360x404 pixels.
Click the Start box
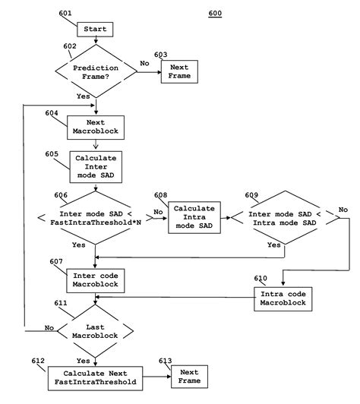[96, 30]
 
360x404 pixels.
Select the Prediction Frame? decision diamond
[95, 72]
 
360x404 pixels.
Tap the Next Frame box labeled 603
[178, 72]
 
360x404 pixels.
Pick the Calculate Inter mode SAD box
[95, 167]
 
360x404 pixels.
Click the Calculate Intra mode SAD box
[194, 217]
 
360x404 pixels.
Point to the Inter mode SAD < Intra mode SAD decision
[286, 218]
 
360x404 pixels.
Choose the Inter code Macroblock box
[95, 280]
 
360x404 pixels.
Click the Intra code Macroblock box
[283, 297]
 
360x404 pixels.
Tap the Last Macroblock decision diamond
[95, 327]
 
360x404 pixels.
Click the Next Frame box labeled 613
[190, 375]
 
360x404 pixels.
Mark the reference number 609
[250, 194]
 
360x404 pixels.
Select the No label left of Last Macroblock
[49, 327]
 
